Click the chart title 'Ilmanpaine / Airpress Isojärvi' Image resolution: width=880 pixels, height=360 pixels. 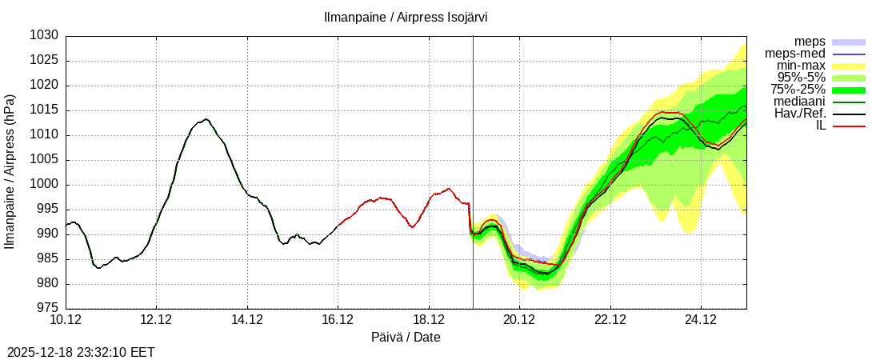tap(406, 17)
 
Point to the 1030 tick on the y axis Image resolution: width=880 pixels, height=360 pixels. tap(46, 36)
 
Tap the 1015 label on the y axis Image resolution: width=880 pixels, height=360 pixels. tap(46, 110)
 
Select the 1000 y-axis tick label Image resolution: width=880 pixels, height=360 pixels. tap(46, 185)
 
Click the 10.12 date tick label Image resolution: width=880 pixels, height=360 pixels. tap(66, 321)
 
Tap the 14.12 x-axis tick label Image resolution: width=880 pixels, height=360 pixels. tap(247, 321)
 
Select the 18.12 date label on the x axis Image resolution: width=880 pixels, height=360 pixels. tap(429, 321)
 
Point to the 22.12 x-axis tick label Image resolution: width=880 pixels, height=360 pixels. tap(610, 321)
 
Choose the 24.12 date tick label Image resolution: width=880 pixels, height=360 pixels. tap(701, 321)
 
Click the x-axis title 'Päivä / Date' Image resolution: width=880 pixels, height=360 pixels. tap(406, 338)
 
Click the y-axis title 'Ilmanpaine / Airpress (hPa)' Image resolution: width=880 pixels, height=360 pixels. tap(10, 172)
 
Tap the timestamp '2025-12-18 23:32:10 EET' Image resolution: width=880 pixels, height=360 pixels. tap(81, 351)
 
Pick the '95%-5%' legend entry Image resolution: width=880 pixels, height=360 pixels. tap(802, 78)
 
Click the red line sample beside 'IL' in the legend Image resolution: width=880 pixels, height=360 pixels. tap(849, 126)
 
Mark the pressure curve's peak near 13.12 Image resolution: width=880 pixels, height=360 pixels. tap(206, 119)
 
